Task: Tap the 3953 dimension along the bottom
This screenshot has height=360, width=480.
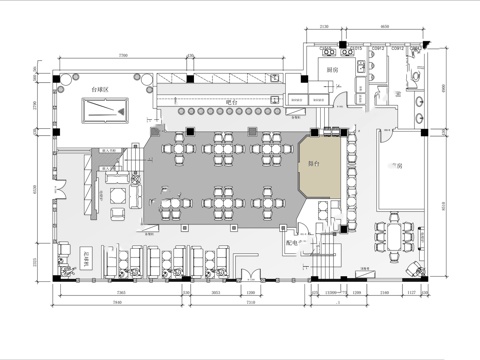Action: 216,295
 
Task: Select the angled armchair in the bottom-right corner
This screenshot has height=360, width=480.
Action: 413,265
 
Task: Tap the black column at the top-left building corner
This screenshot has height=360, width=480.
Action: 58,79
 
